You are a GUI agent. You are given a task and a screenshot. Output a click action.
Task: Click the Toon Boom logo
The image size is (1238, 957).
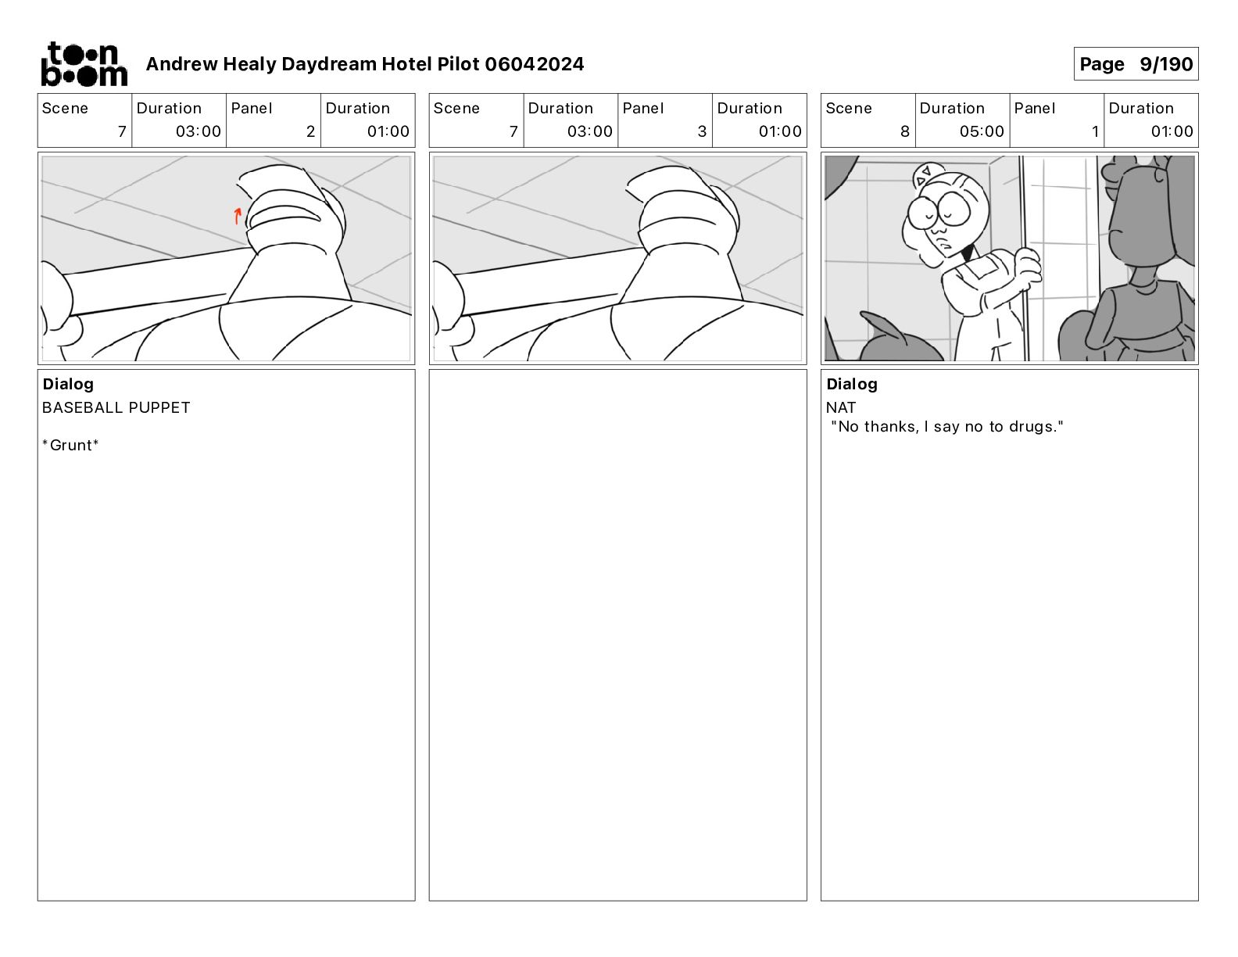(x=84, y=64)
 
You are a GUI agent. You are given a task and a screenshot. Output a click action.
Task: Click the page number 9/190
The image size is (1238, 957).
(x=1165, y=64)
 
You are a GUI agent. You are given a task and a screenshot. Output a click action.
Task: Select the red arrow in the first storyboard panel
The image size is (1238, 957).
(x=238, y=216)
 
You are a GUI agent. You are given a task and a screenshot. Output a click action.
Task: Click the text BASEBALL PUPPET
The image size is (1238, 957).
(x=116, y=407)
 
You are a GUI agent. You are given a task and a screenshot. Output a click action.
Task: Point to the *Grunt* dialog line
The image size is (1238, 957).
(x=70, y=445)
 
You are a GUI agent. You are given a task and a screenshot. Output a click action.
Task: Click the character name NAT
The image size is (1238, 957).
(x=841, y=407)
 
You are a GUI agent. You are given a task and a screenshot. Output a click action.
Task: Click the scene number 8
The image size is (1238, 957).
(x=905, y=131)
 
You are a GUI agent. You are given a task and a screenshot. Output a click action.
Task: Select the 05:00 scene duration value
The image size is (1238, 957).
(x=982, y=131)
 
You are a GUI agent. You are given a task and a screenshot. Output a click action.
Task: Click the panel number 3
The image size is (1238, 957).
(x=702, y=131)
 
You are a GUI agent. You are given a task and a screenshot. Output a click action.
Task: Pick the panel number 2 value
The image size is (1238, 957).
(x=310, y=131)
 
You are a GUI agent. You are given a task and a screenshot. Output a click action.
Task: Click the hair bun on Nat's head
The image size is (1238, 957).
(x=923, y=174)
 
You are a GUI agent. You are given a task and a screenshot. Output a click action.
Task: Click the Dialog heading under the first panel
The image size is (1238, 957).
(x=68, y=384)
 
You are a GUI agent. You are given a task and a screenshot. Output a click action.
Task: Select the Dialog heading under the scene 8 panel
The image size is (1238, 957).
(x=852, y=384)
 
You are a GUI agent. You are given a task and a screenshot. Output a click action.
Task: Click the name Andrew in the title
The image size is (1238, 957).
(x=181, y=64)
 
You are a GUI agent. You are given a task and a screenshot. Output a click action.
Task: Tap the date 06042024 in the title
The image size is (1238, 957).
(x=535, y=64)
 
